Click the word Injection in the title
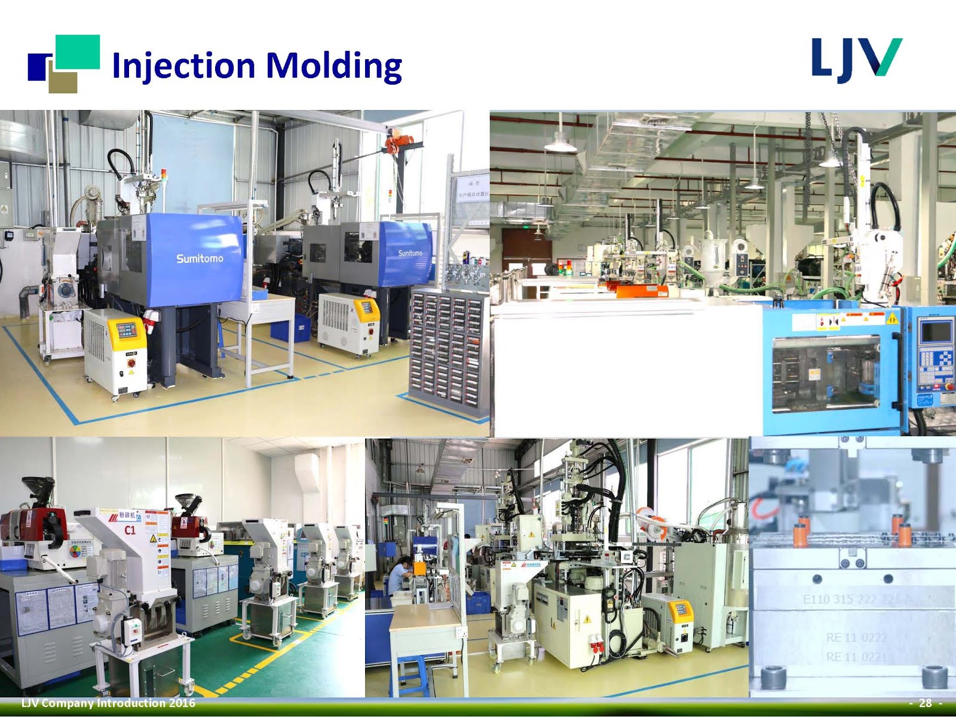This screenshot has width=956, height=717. [183, 66]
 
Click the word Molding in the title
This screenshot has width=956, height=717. [333, 66]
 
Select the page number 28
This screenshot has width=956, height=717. [925, 703]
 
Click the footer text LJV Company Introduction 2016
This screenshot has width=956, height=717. [108, 703]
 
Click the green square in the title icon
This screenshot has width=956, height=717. [77, 52]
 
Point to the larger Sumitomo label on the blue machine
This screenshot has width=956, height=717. [200, 259]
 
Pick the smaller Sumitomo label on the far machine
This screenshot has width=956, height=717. [410, 253]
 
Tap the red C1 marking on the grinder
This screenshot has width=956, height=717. [130, 530]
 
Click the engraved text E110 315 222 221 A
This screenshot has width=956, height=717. [856, 599]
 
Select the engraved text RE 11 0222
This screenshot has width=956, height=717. [856, 638]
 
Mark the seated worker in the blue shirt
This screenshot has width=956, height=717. [401, 577]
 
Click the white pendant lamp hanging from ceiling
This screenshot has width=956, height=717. [560, 143]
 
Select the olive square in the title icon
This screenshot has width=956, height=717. [63, 82]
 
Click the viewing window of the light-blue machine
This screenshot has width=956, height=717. [826, 375]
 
